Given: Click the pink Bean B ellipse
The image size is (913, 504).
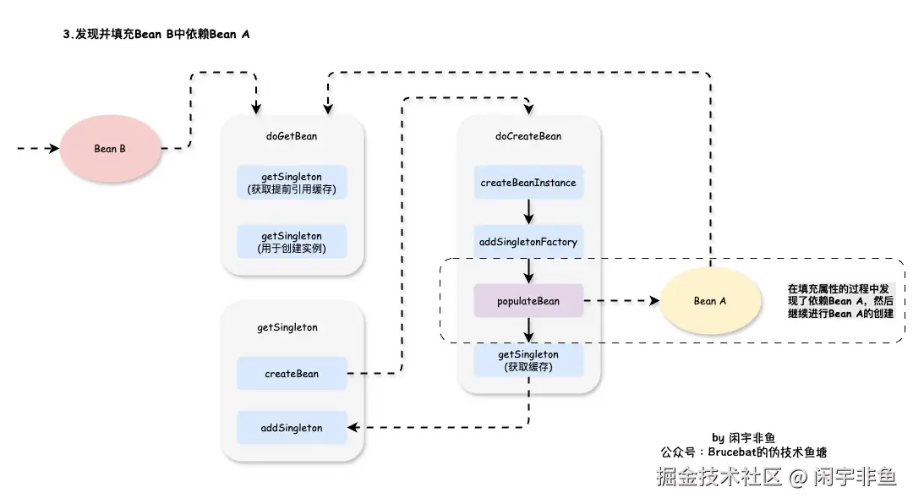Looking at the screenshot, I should click(110, 149).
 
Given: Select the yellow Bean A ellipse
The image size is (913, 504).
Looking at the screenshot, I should click(709, 301).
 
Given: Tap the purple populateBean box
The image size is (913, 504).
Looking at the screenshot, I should click(528, 301).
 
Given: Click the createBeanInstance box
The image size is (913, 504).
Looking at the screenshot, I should click(528, 183).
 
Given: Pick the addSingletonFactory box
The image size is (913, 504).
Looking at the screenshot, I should click(528, 242).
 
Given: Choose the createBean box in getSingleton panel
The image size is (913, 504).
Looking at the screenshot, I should click(292, 374).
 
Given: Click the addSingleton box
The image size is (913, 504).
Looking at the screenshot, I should click(292, 428).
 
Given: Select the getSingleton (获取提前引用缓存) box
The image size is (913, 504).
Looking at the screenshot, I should click(292, 183).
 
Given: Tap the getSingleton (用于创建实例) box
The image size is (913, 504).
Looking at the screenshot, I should click(292, 242).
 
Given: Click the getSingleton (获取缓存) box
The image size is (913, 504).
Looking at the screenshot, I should click(528, 360).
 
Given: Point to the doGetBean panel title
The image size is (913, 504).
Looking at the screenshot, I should click(292, 136).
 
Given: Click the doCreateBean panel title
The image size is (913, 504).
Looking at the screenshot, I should click(528, 136).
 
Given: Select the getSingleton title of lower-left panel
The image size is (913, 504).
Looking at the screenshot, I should click(287, 327).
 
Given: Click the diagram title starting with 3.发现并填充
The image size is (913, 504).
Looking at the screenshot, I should click(156, 35).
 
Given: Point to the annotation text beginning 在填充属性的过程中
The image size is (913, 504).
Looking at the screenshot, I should click(840, 301).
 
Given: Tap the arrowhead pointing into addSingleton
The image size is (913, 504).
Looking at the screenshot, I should click(353, 428).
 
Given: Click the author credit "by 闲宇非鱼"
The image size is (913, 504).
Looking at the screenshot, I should click(744, 438).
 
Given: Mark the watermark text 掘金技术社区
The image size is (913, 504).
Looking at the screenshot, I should click(719, 478).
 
